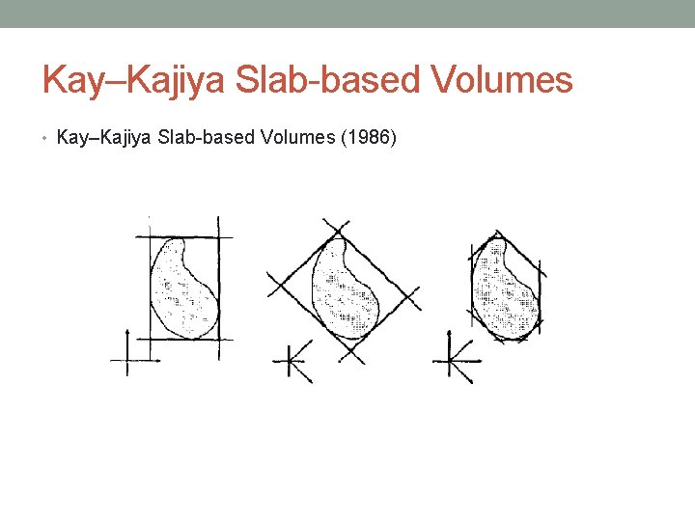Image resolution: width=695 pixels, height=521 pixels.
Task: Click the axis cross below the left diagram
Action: click(x=129, y=360)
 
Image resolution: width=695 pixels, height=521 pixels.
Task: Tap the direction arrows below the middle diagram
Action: click(x=294, y=362)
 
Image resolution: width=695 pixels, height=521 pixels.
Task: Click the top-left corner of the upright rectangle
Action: click(x=149, y=236)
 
